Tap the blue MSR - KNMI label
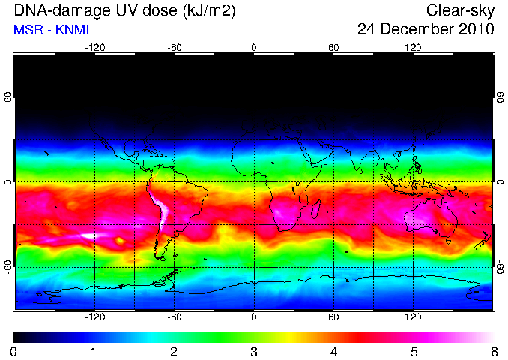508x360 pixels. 51,30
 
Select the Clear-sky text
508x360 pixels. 460,10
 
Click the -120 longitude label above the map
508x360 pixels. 95,48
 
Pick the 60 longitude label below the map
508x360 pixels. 333,316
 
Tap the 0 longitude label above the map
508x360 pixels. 254,48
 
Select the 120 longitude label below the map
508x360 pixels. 413,316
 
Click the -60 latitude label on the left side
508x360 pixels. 7,267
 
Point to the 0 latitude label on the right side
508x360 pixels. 501,182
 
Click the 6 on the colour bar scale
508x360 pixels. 494,352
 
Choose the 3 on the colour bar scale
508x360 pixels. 254,352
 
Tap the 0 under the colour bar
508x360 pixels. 13,352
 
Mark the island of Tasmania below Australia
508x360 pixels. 448,241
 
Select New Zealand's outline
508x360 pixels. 484,240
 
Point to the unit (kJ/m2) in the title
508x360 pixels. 209,11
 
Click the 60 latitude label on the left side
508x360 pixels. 7,97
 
